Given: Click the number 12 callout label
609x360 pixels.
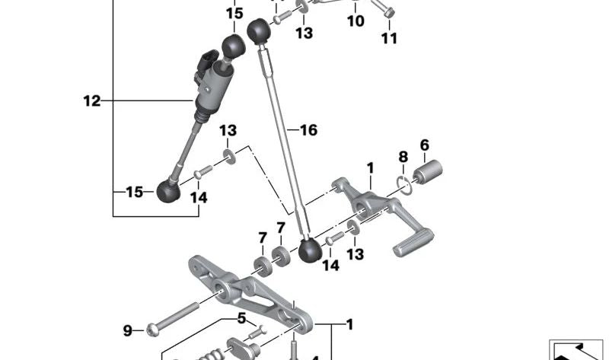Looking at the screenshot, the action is (92, 101).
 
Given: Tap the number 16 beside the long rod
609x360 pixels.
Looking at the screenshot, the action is (309, 130).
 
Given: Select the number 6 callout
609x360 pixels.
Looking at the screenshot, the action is (425, 145).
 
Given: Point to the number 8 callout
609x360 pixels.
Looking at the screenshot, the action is (403, 157).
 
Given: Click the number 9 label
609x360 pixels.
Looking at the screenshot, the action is (127, 331).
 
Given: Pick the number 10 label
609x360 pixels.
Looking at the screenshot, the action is (356, 21).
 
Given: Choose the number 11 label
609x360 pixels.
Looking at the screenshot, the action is (389, 39).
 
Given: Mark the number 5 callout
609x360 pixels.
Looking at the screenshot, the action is (241, 318).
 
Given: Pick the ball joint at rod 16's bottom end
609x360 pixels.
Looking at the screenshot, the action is (310, 250).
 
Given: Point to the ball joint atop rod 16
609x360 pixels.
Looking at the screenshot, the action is (258, 30).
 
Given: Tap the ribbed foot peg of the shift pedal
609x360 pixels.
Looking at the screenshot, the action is (413, 242).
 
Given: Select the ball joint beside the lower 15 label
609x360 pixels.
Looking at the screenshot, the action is (168, 191).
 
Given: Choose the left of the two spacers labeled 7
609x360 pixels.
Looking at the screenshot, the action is (263, 267).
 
